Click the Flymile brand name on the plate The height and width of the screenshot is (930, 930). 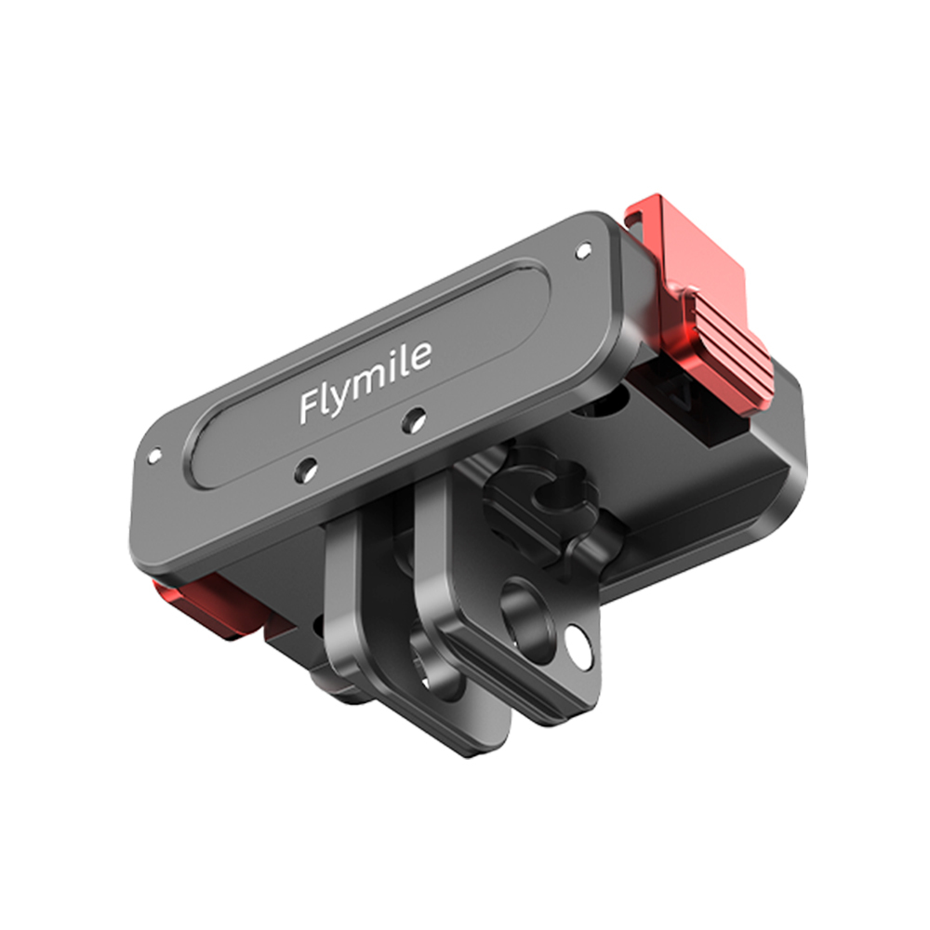tap(365, 382)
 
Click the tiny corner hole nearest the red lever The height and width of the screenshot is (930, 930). tap(584, 250)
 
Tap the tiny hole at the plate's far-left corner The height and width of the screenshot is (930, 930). tap(154, 456)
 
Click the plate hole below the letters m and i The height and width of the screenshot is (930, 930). tap(409, 422)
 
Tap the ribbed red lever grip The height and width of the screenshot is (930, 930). tap(730, 344)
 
